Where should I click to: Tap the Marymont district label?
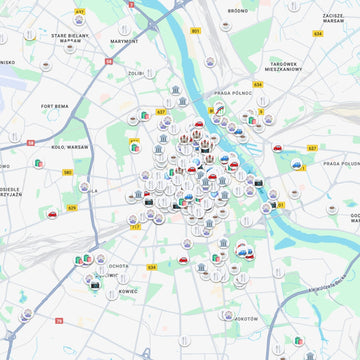coord(125,42)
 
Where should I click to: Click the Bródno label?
coord(237,10)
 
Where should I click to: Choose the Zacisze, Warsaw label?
coord(334,18)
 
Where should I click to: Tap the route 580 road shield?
coord(67,172)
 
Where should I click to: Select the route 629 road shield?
coord(72,208)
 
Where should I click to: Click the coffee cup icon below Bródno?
coord(238,37)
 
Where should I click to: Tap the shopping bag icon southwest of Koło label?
coord(39,164)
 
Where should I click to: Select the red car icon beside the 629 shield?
coord(49,214)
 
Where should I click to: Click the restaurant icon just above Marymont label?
coord(125,29)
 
